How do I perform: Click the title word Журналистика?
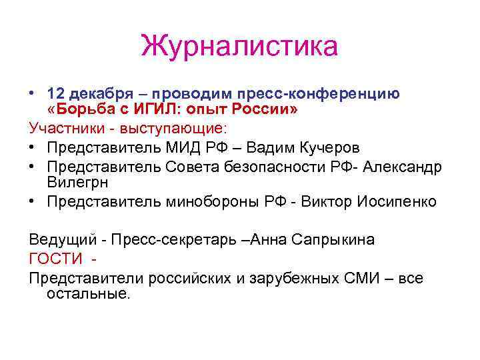(240, 47)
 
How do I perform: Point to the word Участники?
(61, 127)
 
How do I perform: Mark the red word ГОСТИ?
(56, 259)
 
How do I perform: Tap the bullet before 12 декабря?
(32, 93)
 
